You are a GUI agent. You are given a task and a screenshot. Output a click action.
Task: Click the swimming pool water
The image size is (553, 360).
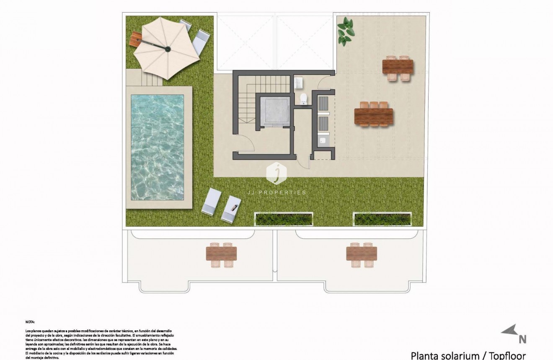click(157, 147)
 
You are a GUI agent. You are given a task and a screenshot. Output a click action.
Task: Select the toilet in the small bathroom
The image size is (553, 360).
click(304, 99)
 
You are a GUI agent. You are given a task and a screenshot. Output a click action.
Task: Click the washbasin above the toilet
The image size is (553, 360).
click(299, 83)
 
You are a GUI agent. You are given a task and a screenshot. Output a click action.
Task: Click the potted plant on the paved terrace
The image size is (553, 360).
click(345, 31)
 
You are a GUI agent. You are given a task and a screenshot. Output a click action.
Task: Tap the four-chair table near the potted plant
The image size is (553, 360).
click(398, 67)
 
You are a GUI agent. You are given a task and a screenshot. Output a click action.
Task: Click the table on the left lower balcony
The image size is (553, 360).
click(221, 254)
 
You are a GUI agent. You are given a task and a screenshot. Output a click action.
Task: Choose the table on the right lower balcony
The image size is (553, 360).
click(362, 254)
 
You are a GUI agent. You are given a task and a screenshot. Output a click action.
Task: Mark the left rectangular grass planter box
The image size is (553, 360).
click(284, 218)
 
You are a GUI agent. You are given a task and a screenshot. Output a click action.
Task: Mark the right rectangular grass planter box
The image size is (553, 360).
click(382, 218)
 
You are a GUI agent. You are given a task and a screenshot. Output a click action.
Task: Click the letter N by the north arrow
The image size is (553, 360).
click(522, 339)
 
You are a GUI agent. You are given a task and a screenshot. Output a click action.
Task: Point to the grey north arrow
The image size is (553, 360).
click(509, 331)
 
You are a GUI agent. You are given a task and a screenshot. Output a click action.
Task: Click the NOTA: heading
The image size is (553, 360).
click(30, 322)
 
